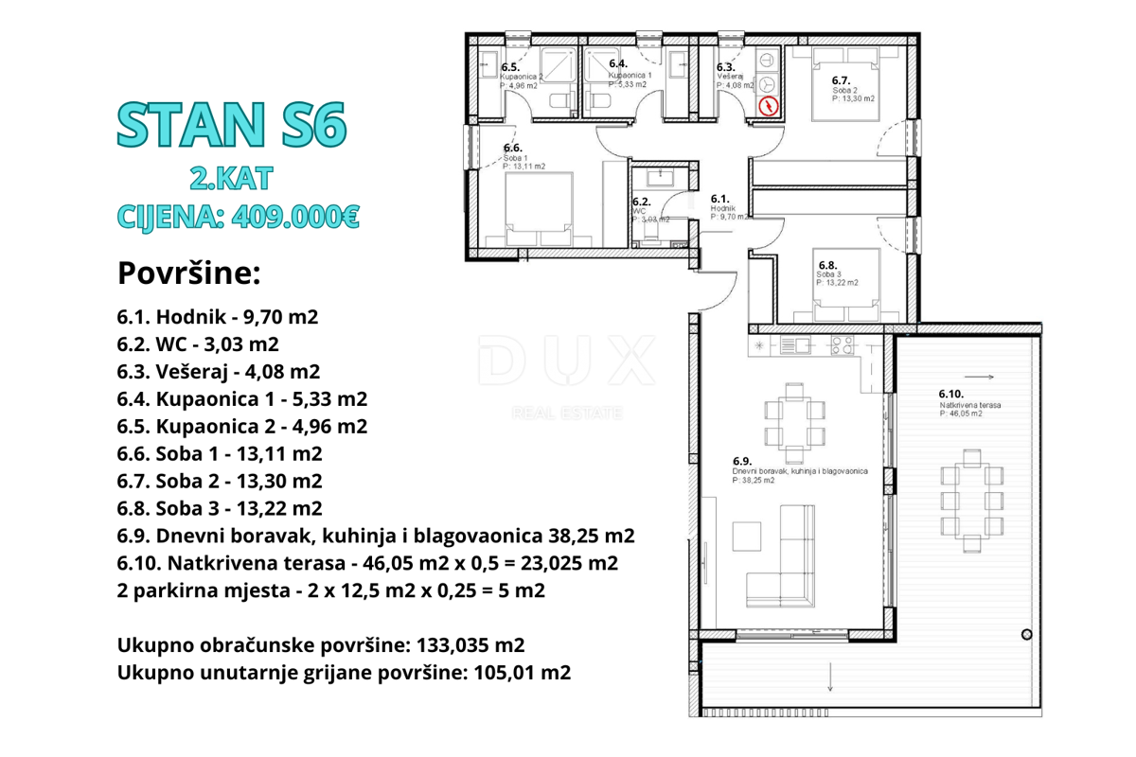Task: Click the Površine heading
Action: (188, 273)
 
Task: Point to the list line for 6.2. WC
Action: (198, 343)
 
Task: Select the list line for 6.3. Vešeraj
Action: (218, 371)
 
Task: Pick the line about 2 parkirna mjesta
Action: (330, 590)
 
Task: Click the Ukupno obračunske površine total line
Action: (321, 645)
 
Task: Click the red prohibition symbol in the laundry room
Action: (769, 106)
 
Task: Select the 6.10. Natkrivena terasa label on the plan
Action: (970, 403)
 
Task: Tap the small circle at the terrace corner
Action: (1027, 635)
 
